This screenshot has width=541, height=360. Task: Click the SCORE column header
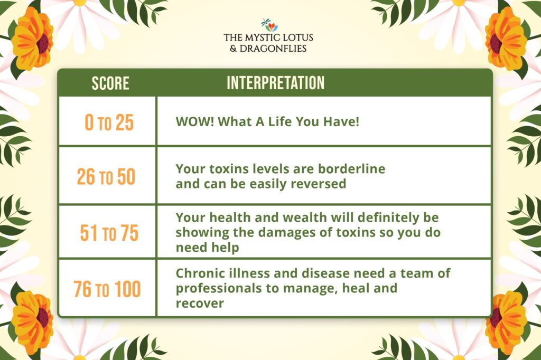pyautogui.click(x=110, y=83)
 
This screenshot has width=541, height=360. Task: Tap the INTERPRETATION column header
pyautogui.click(x=275, y=83)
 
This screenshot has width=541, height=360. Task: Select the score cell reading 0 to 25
pyautogui.click(x=109, y=122)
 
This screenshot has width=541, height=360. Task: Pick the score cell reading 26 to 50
pyautogui.click(x=106, y=176)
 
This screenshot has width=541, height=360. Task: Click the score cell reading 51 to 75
pyautogui.click(x=109, y=233)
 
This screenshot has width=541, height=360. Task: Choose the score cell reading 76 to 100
pyautogui.click(x=107, y=289)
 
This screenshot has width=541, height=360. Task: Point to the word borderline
pyautogui.click(x=351, y=168)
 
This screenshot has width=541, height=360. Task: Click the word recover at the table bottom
pyautogui.click(x=200, y=304)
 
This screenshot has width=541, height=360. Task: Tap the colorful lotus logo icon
pyautogui.click(x=269, y=25)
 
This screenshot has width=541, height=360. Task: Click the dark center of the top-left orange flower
pyautogui.click(x=43, y=43)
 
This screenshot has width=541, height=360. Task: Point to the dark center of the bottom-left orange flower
pyautogui.click(x=43, y=317)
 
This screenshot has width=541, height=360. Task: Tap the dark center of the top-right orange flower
pyautogui.click(x=496, y=43)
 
